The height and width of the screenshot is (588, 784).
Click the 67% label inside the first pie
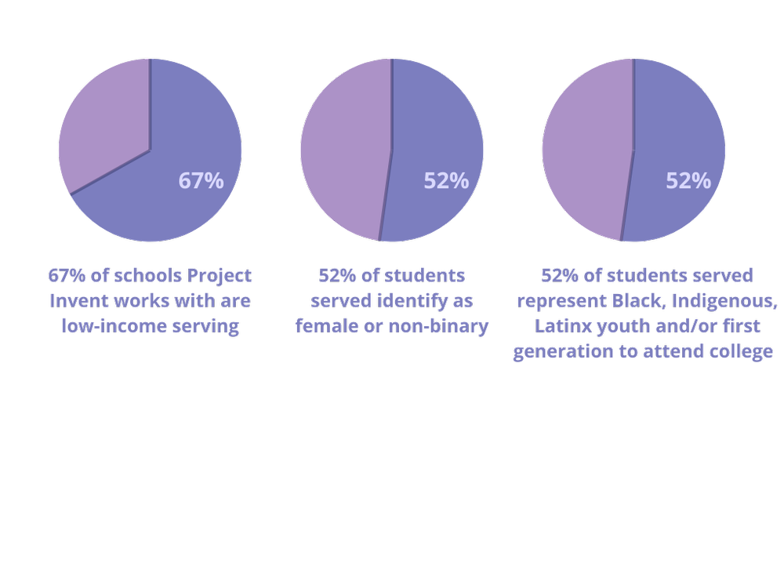[x=201, y=181]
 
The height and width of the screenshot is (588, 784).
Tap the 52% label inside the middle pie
[x=446, y=181]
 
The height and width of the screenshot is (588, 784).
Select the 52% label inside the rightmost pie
[x=688, y=181]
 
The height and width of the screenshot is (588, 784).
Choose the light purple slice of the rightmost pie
[x=586, y=149]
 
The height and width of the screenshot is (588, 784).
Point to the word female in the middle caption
[x=322, y=326]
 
